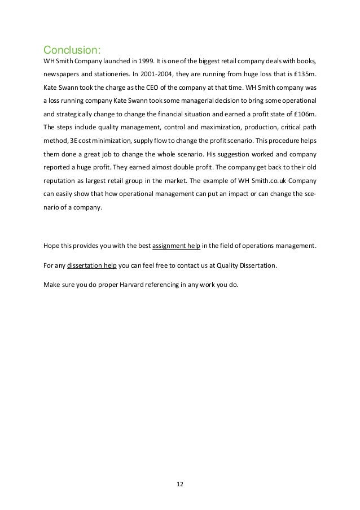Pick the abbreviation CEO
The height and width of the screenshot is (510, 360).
[160, 88]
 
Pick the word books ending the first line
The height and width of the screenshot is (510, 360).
[305, 60]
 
